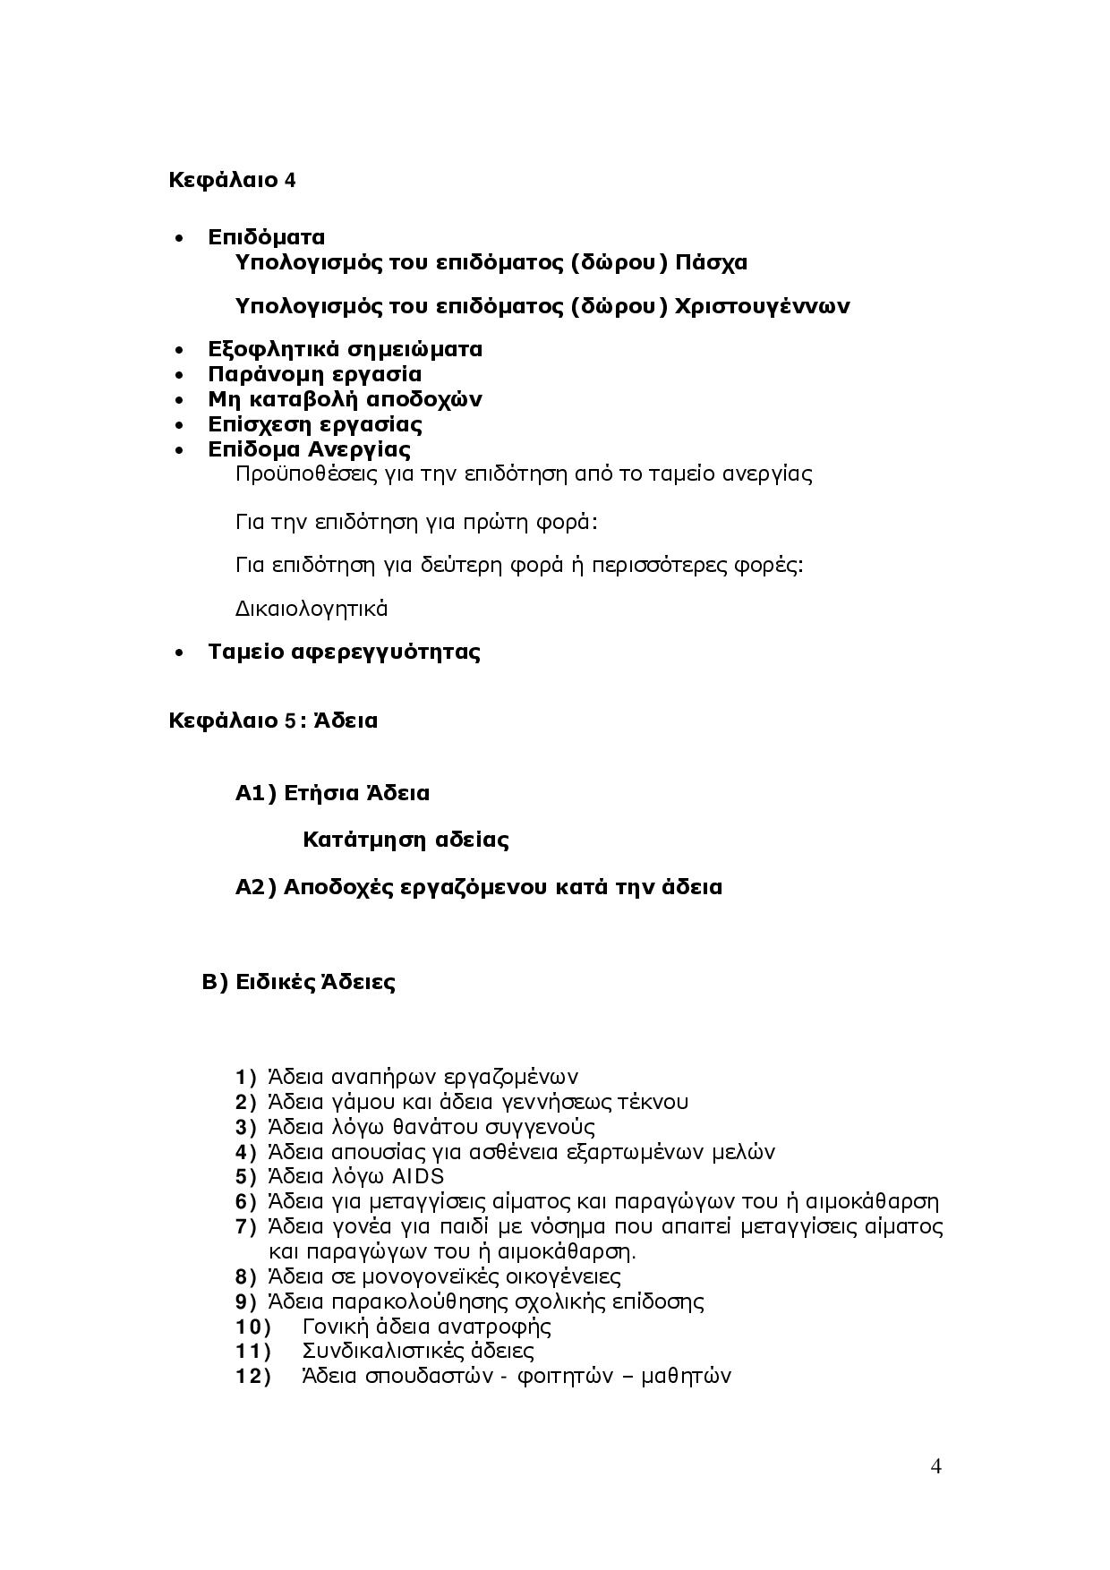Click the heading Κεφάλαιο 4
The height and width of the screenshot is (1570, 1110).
[232, 180]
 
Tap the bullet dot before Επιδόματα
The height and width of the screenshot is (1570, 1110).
[181, 238]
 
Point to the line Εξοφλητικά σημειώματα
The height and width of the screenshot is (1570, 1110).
[345, 349]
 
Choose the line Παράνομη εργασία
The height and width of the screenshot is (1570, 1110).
[314, 374]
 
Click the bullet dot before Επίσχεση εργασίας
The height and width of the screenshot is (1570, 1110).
[181, 425]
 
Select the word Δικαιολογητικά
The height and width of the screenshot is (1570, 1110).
[312, 609]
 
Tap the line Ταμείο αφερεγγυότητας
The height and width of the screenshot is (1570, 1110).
[344, 652]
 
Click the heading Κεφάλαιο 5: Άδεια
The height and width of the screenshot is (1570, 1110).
[273, 721]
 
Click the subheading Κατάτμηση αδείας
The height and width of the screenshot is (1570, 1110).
[406, 840]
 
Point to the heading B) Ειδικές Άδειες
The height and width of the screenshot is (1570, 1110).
[299, 982]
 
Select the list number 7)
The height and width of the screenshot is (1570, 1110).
[246, 1226]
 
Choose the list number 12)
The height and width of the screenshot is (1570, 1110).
[252, 1376]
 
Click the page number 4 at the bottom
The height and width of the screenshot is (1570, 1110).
[936, 1466]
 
